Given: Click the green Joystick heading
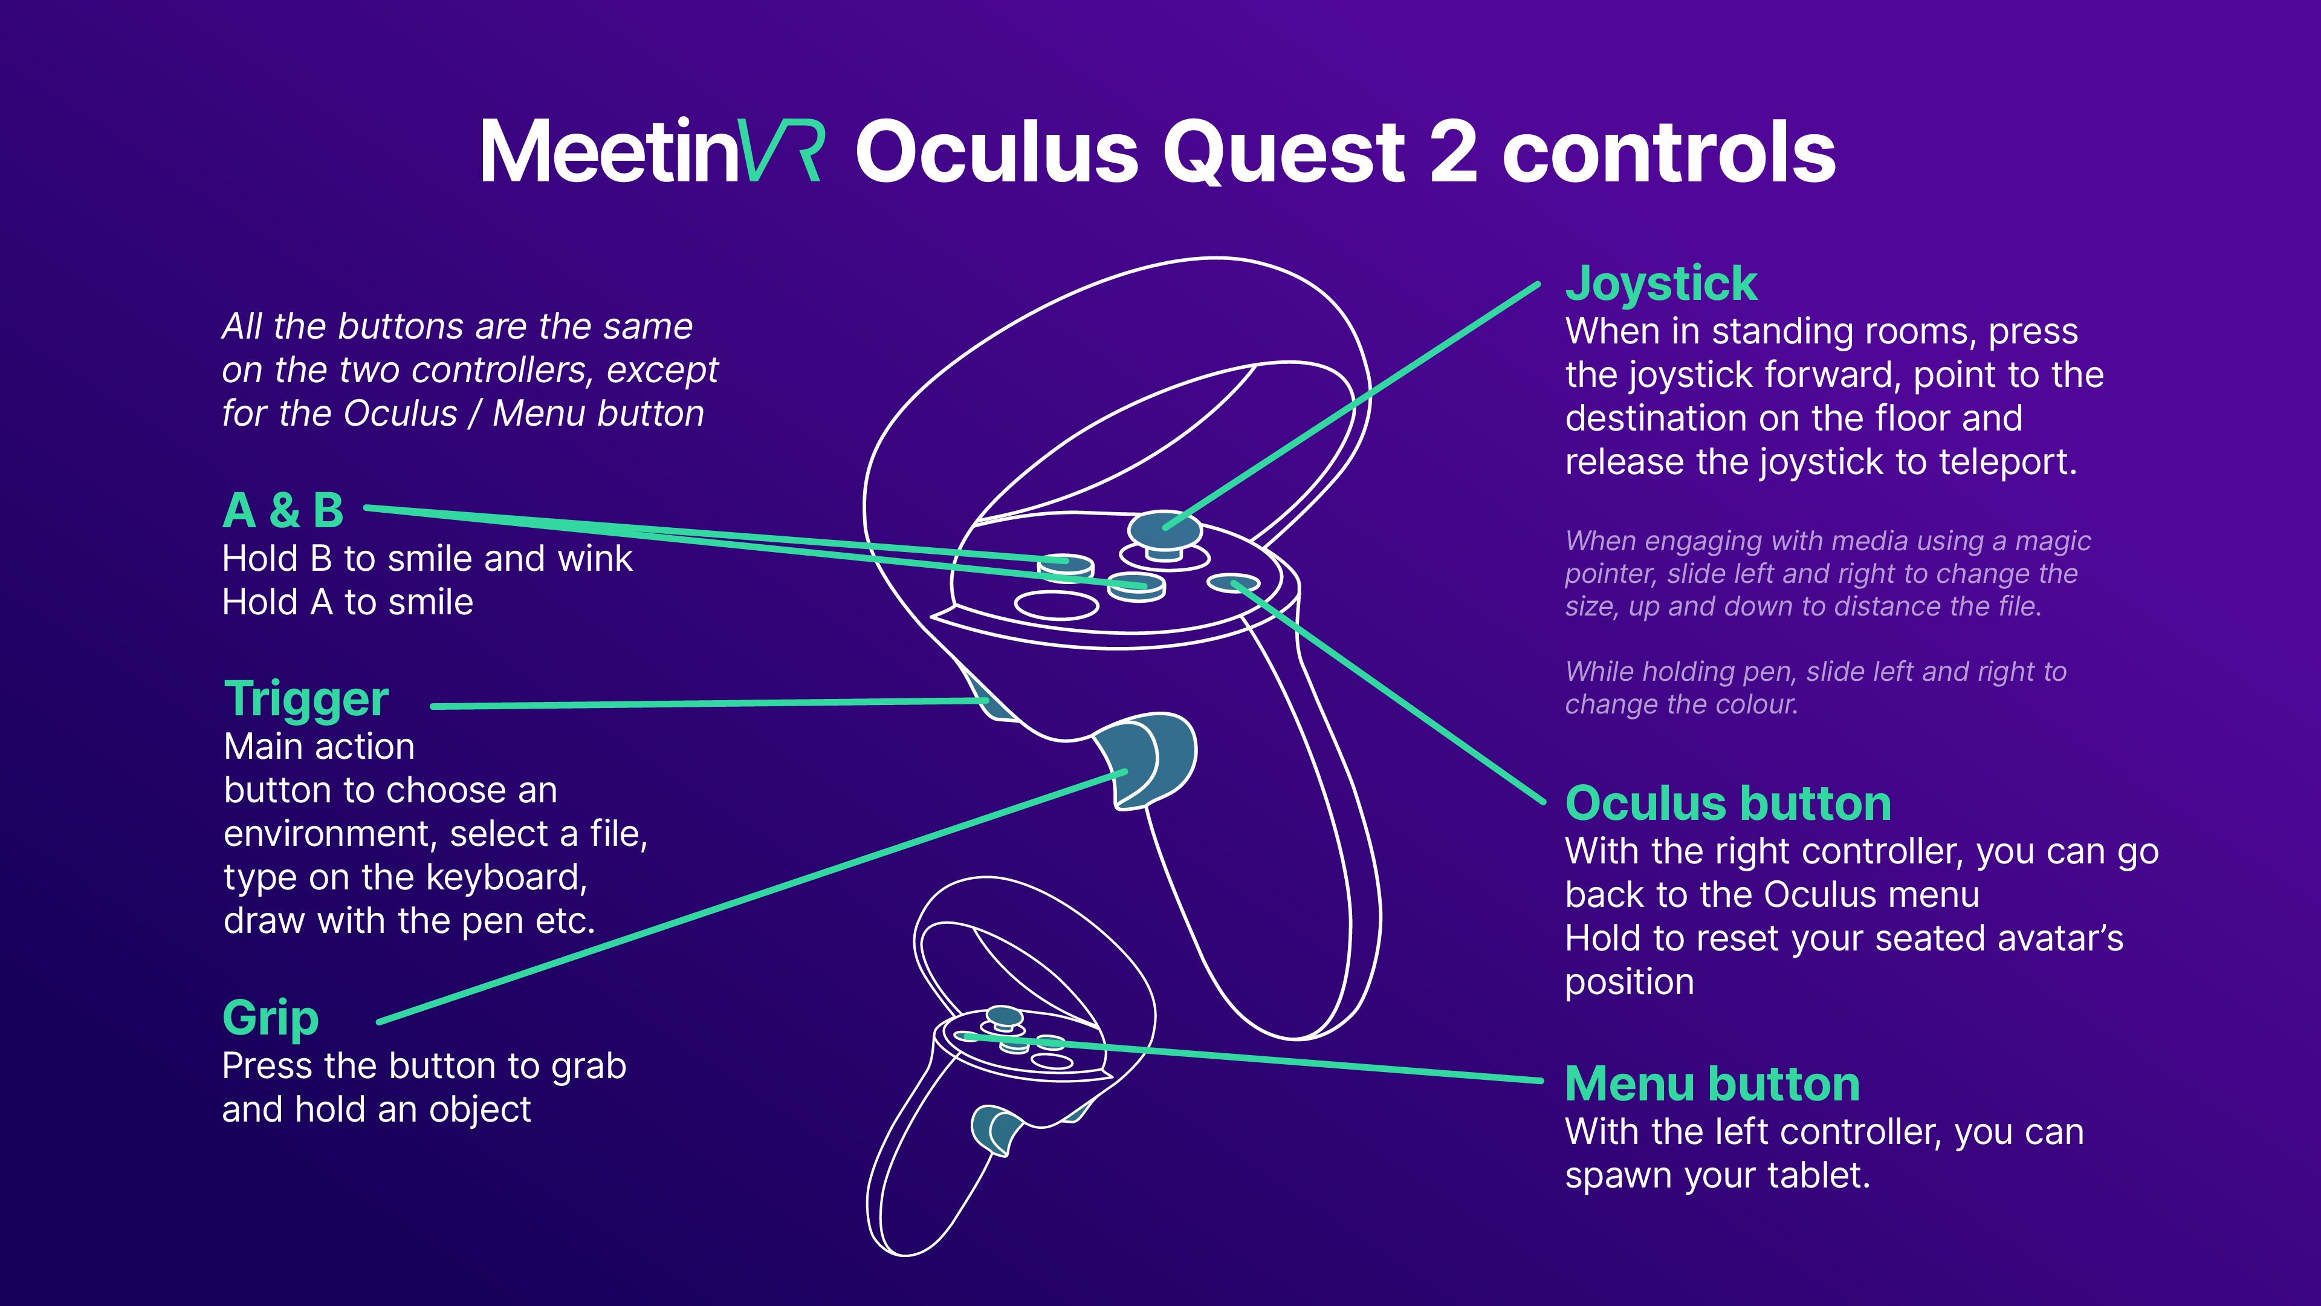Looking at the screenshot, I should [1660, 285].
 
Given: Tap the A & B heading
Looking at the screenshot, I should [283, 511].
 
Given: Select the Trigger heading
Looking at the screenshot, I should [306, 700].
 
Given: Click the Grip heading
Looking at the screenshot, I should [270, 1018].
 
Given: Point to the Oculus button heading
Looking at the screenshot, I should [1727, 804].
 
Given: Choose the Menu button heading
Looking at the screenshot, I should [1712, 1084].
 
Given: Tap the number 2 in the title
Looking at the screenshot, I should [1452, 151].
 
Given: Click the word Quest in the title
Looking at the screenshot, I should [1283, 151].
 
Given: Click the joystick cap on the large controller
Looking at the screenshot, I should [1164, 528].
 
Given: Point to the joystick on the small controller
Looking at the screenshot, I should [1004, 1016].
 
